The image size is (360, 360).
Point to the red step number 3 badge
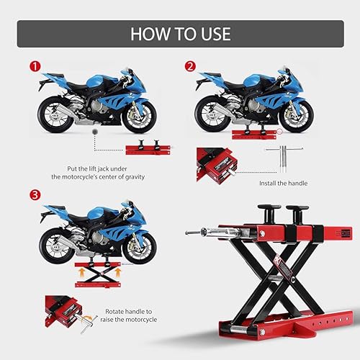coord(33,195)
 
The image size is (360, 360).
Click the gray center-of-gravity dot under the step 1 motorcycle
coord(95,135)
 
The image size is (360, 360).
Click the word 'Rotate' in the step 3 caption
coord(117,311)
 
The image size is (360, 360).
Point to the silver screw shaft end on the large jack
coord(191,233)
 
